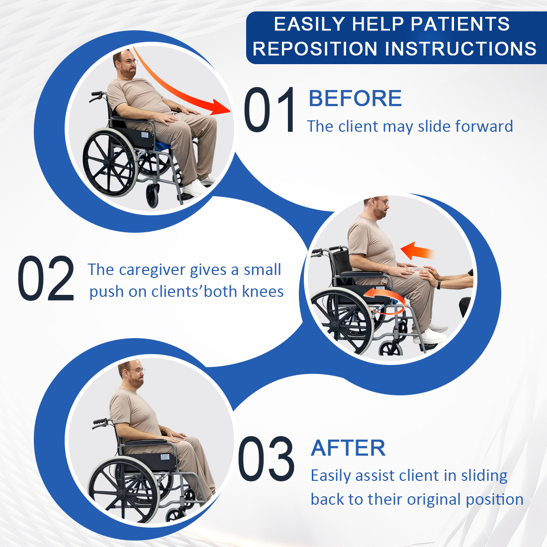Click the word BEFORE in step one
[355, 98]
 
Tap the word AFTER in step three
[348, 448]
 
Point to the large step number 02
[46, 278]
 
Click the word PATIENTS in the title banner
[460, 24]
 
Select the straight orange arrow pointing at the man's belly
[417, 251]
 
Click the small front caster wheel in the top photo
[153, 196]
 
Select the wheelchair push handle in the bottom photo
[100, 422]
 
